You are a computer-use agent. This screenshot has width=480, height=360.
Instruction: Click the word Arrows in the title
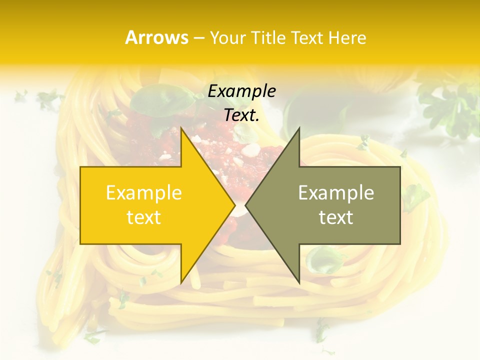[157, 37]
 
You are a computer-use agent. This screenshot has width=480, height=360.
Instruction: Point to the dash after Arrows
[198, 38]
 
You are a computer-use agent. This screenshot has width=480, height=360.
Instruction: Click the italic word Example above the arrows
[241, 91]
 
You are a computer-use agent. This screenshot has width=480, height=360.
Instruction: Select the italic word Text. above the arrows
[241, 115]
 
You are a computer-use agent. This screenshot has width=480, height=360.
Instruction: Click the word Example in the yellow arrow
[144, 192]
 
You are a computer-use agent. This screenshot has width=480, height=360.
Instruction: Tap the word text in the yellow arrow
[144, 217]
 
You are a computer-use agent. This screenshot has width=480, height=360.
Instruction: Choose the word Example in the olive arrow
[336, 192]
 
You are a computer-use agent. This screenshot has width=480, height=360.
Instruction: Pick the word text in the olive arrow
[336, 217]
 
